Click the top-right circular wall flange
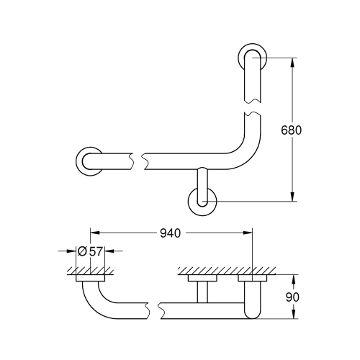(252, 58)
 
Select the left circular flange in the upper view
(89, 161)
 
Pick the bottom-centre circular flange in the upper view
(202, 202)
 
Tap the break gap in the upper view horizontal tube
(138, 160)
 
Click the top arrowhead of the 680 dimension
(293, 61)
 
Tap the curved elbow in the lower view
(94, 299)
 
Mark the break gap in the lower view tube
(156, 310)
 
